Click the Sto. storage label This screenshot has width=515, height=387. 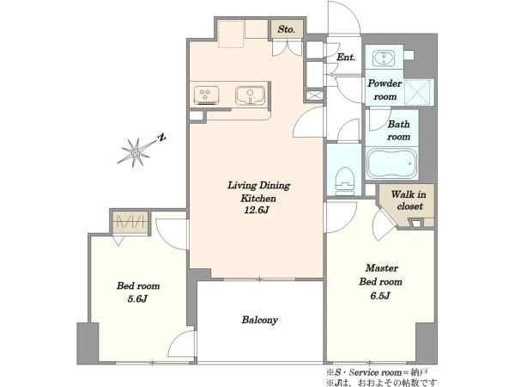pos(286,29)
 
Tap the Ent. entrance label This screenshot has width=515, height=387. pos(346,57)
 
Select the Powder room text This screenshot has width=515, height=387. pos(385,89)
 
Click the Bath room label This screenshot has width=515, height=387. pos(399,131)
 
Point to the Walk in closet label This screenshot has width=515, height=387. pos(409,200)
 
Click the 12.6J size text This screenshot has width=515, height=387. pos(256,210)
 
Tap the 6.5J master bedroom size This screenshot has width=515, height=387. pos(380,296)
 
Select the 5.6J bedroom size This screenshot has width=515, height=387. pos(137,298)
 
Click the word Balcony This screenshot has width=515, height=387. pos(259,320)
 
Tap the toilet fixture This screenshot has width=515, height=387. pos(344,181)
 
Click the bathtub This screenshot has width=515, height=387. pos(392,163)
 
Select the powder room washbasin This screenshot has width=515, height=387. pos(384,58)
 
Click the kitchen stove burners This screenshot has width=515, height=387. pos(206,95)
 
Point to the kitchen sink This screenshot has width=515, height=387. pos(250,95)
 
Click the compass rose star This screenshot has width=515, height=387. pos(136,152)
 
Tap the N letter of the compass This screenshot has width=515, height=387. pos(161,138)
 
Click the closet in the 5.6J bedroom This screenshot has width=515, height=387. pos(130,223)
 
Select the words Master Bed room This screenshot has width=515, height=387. pos(381,275)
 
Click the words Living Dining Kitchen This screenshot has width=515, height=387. pos(258,192)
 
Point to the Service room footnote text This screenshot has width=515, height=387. pos(377,373)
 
